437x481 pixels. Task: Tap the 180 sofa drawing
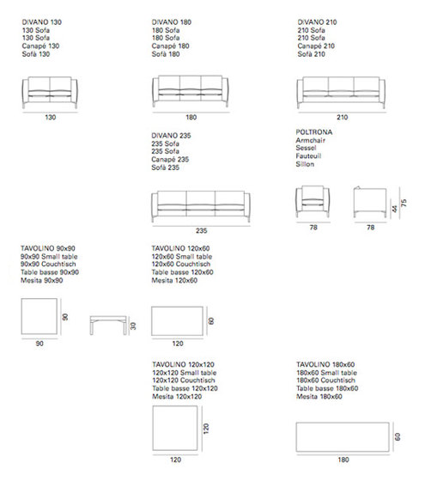click(190, 91)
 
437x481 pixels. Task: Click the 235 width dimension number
click(202, 231)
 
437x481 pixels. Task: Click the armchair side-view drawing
click(368, 201)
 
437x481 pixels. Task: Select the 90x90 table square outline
click(39, 317)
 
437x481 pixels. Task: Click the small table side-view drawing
click(107, 324)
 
